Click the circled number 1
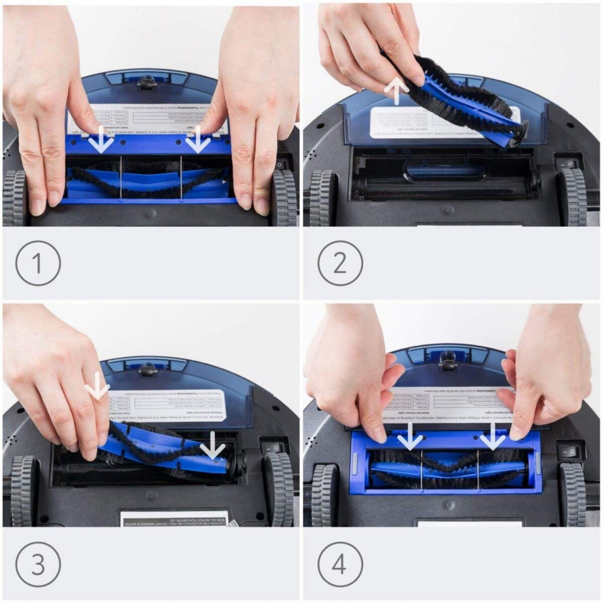(x=38, y=263)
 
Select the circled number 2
(x=340, y=263)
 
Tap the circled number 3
(x=38, y=564)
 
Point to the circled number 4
(x=340, y=564)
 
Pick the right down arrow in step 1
(x=198, y=139)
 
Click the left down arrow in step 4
(x=410, y=436)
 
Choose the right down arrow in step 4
(x=492, y=436)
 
